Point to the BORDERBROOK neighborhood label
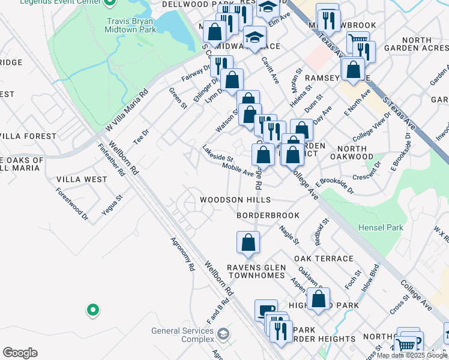point(268,214)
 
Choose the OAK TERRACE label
point(324,259)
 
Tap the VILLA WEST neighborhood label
point(82,179)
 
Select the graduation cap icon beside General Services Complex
point(223,334)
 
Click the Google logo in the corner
point(20,353)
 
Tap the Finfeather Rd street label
point(112,161)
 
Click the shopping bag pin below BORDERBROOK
point(247,243)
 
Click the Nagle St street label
point(289,235)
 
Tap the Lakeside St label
point(217,153)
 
